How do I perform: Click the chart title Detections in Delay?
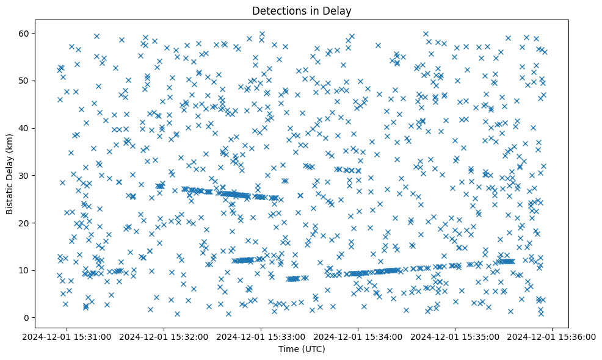[302, 10]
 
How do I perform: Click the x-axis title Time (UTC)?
[302, 349]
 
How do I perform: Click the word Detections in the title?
[277, 10]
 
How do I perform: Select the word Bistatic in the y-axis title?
[10, 195]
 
